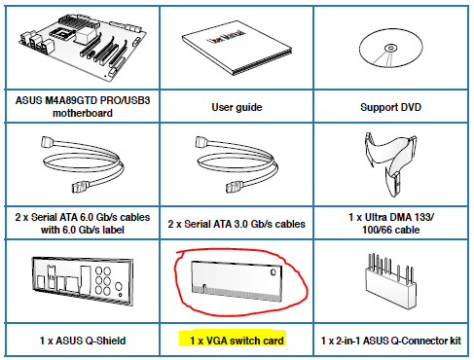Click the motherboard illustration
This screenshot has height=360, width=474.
tap(83, 47)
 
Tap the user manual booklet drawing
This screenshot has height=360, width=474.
tap(237, 49)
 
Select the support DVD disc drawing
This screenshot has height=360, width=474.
tap(391, 48)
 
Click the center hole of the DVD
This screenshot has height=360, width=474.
tap(390, 49)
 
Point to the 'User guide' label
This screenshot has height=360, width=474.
tap(237, 107)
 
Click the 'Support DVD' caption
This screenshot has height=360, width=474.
tap(390, 107)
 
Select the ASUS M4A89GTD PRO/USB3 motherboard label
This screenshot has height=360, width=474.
tap(83, 107)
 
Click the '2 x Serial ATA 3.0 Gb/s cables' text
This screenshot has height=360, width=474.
tap(237, 224)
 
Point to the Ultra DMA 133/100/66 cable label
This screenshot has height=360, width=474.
tap(391, 224)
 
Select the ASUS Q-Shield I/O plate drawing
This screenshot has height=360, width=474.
tap(83, 280)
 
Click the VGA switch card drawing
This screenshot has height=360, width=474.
tap(237, 281)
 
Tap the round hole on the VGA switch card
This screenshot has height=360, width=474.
tap(273, 271)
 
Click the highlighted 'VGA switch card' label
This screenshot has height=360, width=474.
tap(237, 341)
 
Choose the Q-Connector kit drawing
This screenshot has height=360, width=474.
tap(391, 281)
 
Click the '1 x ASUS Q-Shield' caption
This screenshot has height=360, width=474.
tap(83, 341)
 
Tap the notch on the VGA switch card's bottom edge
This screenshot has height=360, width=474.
tap(204, 288)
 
